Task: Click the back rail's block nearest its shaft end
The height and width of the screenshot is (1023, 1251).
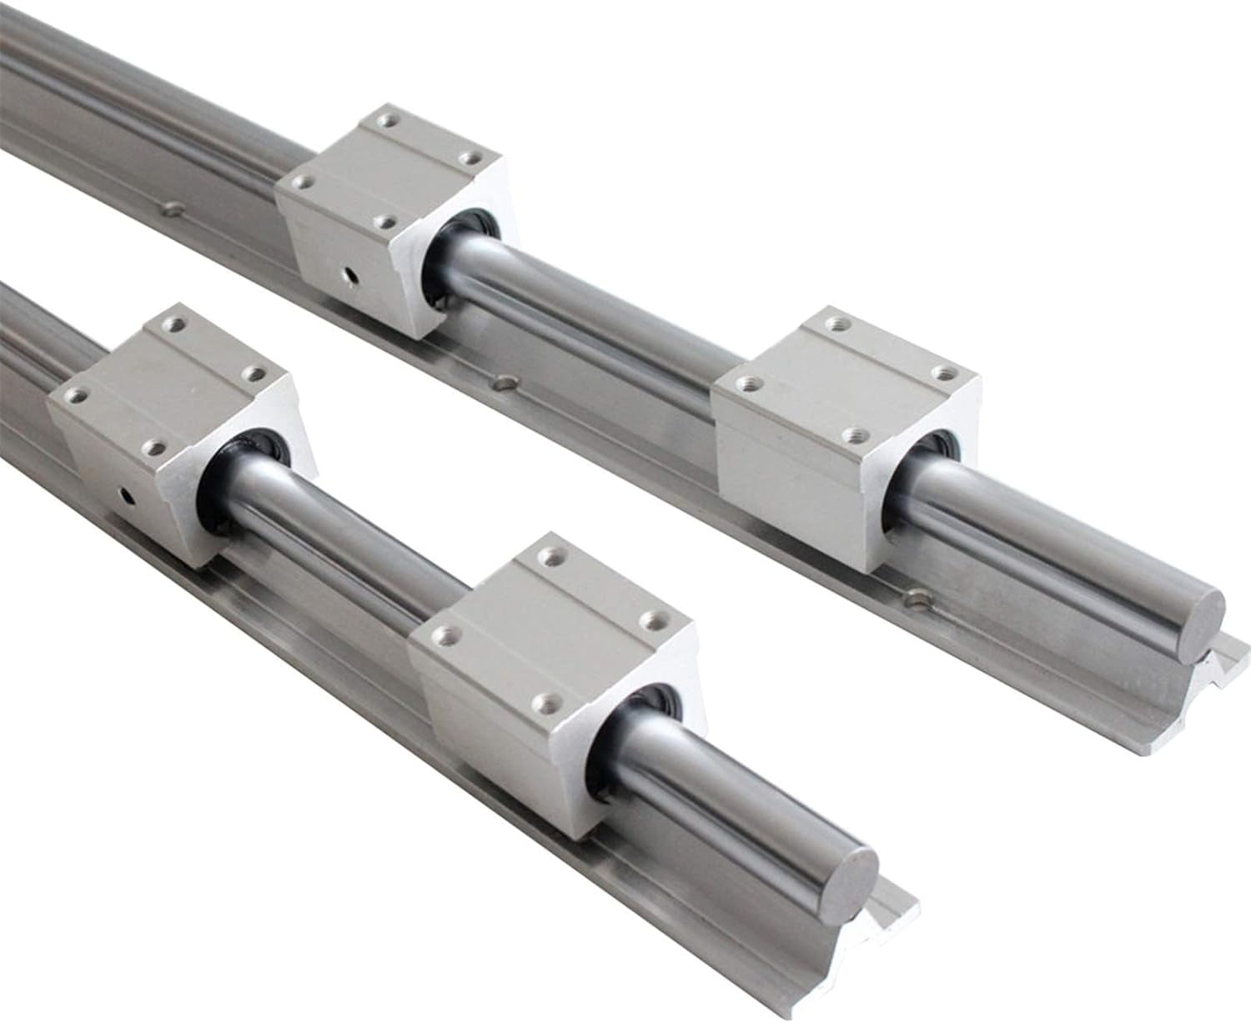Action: tap(842, 434)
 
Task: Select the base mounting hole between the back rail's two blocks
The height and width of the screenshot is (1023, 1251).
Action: tap(503, 384)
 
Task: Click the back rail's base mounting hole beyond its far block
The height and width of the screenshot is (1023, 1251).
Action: tap(173, 208)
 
